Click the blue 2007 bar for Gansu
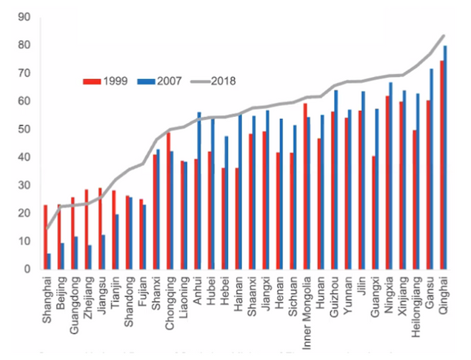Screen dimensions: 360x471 coord(431,170)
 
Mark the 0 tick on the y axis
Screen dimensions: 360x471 coord(27,270)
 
